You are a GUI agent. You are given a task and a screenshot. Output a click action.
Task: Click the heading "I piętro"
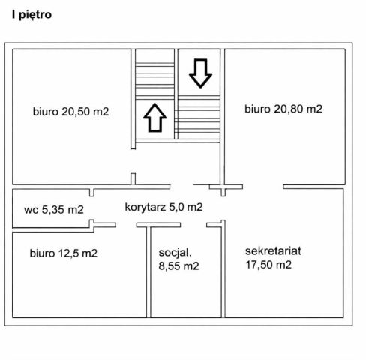coord(31,15)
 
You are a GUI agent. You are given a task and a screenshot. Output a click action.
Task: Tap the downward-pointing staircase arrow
coord(200,73)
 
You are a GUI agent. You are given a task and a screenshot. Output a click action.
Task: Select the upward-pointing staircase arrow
coord(155,118)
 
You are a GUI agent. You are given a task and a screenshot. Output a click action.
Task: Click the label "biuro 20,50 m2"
coord(71,112)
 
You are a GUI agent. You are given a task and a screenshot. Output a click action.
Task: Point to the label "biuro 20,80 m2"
coord(283,109)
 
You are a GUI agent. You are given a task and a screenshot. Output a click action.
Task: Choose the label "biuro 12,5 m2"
coord(64,253)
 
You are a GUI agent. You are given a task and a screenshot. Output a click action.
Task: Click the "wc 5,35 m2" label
coord(54,209)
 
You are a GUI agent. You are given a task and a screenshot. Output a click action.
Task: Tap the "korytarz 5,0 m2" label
coord(163,207)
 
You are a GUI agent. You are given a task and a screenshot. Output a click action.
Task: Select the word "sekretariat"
coord(273,251)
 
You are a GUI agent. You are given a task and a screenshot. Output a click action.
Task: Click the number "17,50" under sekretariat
coord(259,265)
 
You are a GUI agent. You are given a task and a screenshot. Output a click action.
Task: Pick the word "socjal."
coord(175,253)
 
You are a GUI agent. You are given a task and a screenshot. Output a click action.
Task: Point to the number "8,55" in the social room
coord(169,266)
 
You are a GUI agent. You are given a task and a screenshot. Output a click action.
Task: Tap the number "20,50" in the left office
coord(76,112)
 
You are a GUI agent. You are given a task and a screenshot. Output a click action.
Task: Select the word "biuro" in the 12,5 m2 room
coord(42,253)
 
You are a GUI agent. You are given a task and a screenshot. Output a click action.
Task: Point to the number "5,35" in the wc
coord(53,210)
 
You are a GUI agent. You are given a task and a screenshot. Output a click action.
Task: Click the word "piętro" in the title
coord(35,16)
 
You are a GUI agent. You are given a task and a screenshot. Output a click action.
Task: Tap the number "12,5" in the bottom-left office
coord(68,253)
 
